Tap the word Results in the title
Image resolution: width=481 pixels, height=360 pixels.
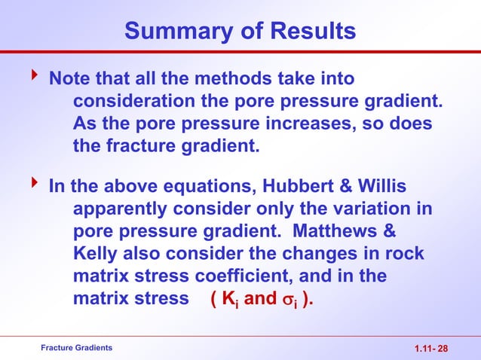point(308,32)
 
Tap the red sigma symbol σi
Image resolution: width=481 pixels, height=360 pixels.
point(290,299)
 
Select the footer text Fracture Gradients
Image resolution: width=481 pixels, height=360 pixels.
point(77,347)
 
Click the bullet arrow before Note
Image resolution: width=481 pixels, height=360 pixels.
point(32,77)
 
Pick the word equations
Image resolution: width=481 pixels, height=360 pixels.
point(204,185)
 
